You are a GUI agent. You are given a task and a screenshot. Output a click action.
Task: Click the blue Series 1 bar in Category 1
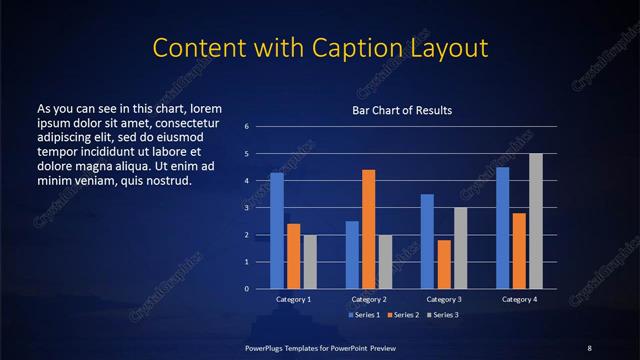tap(277, 230)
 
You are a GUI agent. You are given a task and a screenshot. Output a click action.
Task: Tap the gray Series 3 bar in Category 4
tap(536, 220)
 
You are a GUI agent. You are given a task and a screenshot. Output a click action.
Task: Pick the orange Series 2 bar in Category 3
tap(444, 264)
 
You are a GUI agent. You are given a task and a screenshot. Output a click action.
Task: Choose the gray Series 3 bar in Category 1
tap(310, 261)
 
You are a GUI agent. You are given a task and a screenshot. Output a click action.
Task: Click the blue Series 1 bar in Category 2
tap(352, 254)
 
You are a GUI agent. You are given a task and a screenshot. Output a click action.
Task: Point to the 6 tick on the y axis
tap(247, 127)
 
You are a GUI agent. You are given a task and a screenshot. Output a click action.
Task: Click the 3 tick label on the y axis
tap(247, 208)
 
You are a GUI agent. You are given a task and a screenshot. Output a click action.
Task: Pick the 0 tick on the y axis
tap(247, 289)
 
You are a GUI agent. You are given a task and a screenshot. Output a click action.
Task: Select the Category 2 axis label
tap(369, 300)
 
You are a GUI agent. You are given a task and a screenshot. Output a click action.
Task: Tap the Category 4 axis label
tap(519, 300)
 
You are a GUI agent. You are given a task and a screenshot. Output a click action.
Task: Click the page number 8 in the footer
tap(589, 347)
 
